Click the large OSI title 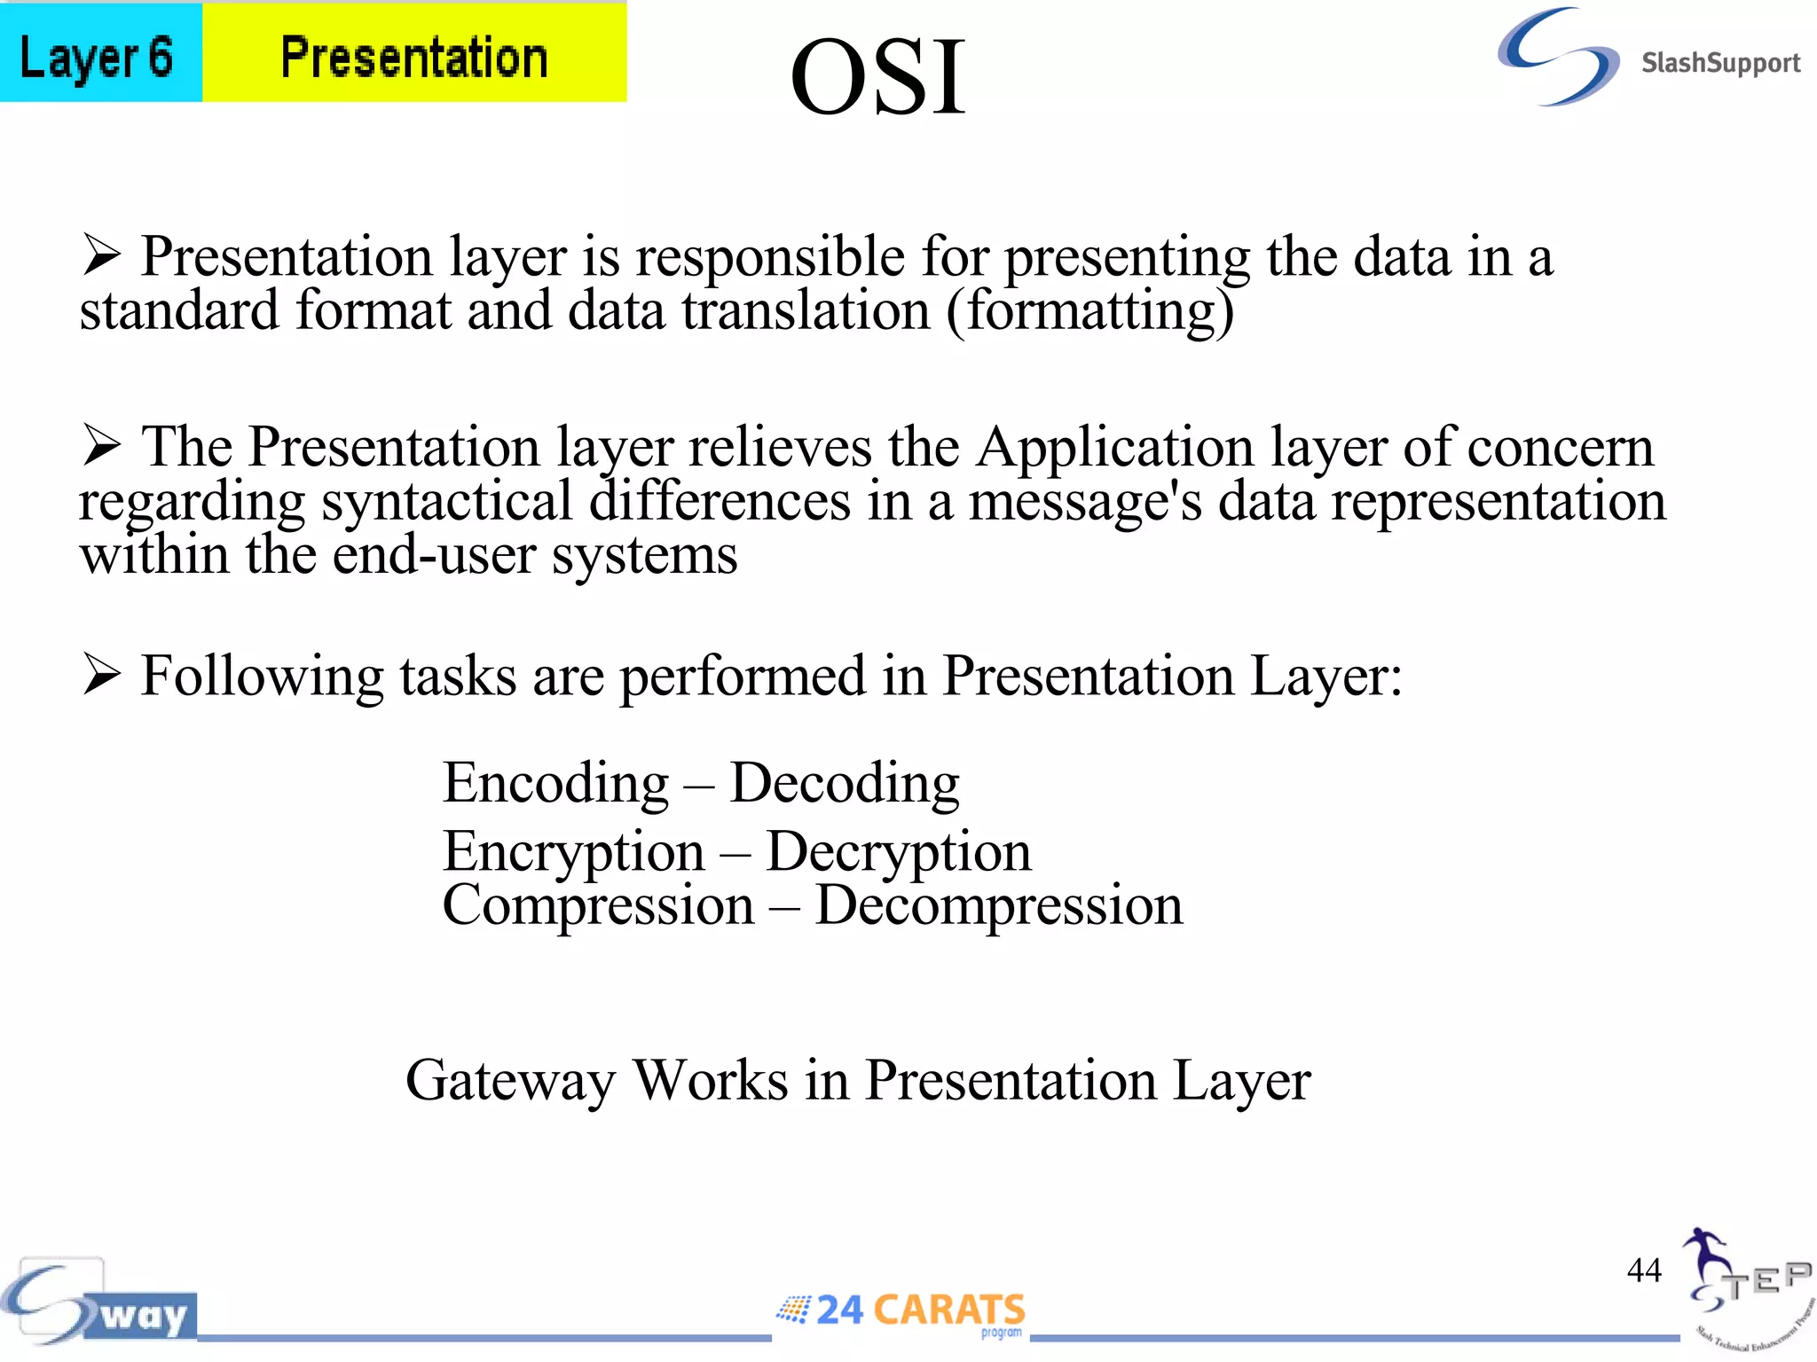(877, 78)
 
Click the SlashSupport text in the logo (1719, 63)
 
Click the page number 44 (1643, 1270)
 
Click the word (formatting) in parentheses (1090, 312)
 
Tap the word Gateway (510, 1080)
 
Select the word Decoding (844, 784)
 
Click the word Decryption (898, 852)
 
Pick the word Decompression (998, 905)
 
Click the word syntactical (446, 501)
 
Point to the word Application (1115, 446)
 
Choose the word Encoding (555, 784)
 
